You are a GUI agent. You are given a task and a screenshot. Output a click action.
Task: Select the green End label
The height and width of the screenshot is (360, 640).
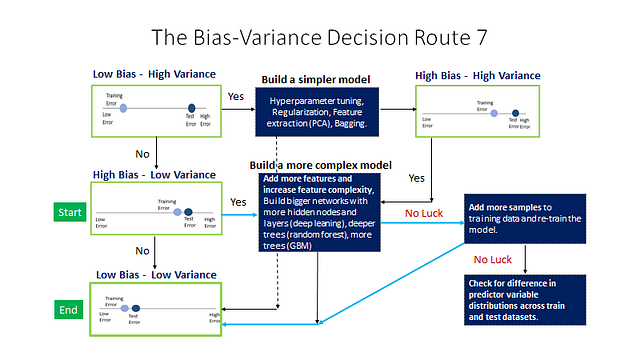point(68,310)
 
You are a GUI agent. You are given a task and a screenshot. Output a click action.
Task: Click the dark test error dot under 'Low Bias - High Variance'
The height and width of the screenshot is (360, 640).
point(191,109)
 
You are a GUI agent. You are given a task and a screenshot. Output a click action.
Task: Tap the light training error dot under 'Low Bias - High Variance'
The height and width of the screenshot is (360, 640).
point(124,108)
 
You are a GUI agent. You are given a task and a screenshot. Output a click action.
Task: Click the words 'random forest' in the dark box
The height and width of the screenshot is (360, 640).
point(339,233)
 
